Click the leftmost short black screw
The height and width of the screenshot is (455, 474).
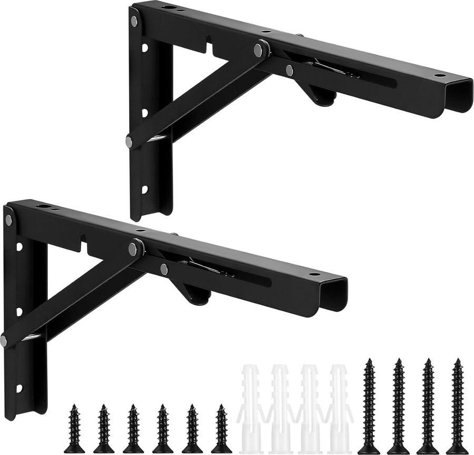(x=74, y=429)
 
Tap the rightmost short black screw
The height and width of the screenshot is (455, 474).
(x=222, y=429)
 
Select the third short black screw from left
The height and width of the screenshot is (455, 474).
(x=133, y=429)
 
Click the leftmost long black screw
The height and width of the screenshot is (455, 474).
(x=369, y=405)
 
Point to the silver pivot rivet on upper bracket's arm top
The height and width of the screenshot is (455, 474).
(x=259, y=51)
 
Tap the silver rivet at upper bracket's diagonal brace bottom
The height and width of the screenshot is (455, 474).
(x=129, y=141)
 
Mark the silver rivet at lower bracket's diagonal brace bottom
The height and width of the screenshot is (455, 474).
(x=4, y=340)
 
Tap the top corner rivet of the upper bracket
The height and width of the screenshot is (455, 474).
(x=134, y=21)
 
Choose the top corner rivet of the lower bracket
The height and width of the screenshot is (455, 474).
(x=8, y=220)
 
